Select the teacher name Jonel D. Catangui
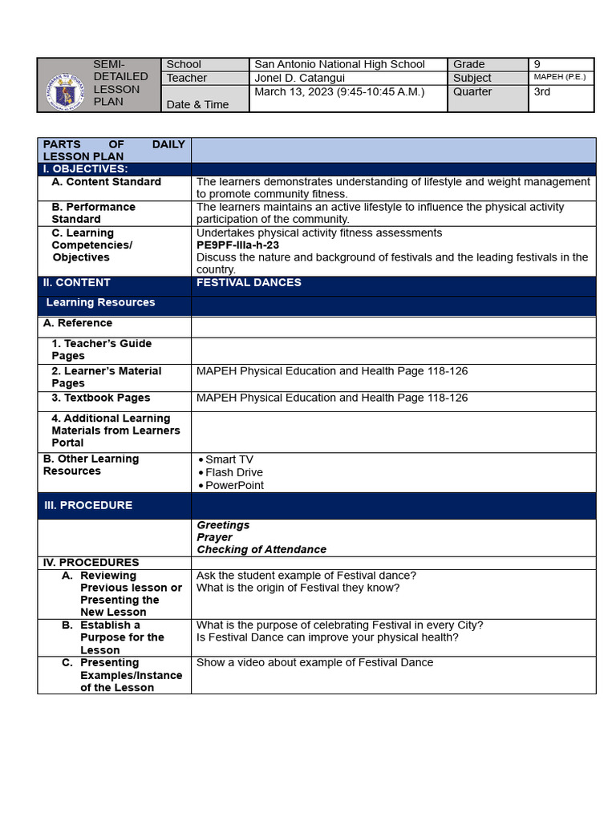[x=299, y=78]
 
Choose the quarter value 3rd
[x=542, y=91]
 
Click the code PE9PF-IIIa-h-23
[x=237, y=245]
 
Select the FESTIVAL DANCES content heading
[x=249, y=282]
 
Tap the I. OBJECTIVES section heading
[x=85, y=169]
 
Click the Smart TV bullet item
[x=229, y=459]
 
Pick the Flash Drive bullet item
[x=233, y=472]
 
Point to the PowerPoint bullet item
[x=234, y=485]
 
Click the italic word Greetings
[x=223, y=525]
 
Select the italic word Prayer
[x=214, y=537]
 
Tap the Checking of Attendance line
[x=261, y=549]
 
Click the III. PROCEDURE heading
[x=88, y=505]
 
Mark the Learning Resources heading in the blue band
[x=100, y=302]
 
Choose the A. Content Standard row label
[x=106, y=182]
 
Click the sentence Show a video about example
[x=314, y=662]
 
